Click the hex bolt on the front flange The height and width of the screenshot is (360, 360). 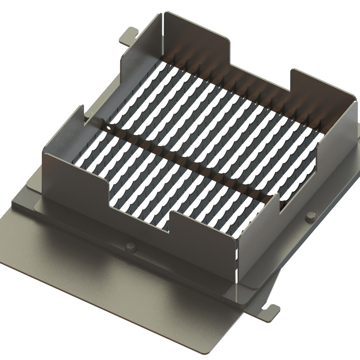pos(131,247)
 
